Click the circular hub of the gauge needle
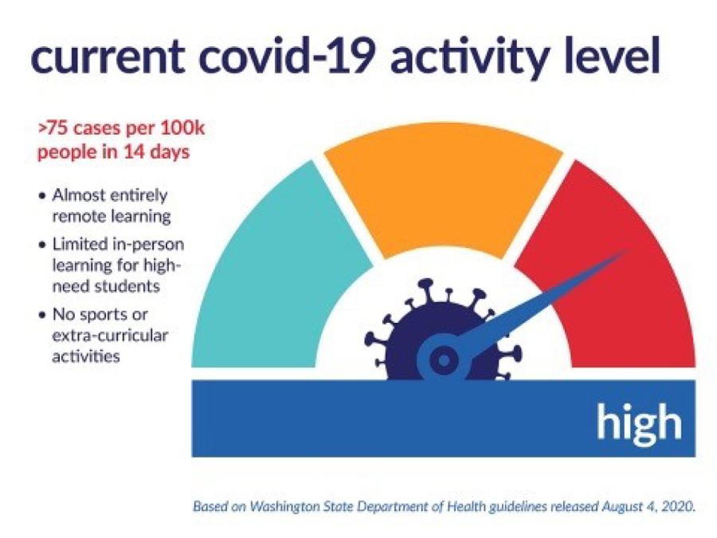[444, 360]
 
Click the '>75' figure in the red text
[53, 128]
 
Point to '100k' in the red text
[182, 128]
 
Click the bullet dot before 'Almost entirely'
[42, 196]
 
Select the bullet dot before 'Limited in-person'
[42, 245]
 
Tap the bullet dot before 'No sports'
[42, 315]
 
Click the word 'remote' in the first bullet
[80, 216]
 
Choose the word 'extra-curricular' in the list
[110, 336]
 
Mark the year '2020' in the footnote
[680, 507]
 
